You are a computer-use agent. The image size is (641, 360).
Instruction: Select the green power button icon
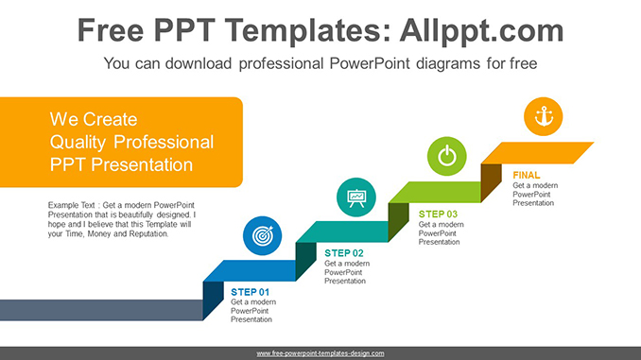coord(447,156)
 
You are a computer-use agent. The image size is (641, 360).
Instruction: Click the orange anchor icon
coord(543,116)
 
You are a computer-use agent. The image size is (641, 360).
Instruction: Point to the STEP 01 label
coord(250,292)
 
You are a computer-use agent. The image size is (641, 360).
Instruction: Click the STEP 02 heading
coord(344,253)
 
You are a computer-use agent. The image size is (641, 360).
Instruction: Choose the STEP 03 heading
coord(438,214)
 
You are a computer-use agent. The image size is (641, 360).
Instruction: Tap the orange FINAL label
coord(527,175)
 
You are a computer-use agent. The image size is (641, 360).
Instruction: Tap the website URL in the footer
coord(320,352)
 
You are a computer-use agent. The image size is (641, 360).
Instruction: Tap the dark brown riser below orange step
coord(491,181)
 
